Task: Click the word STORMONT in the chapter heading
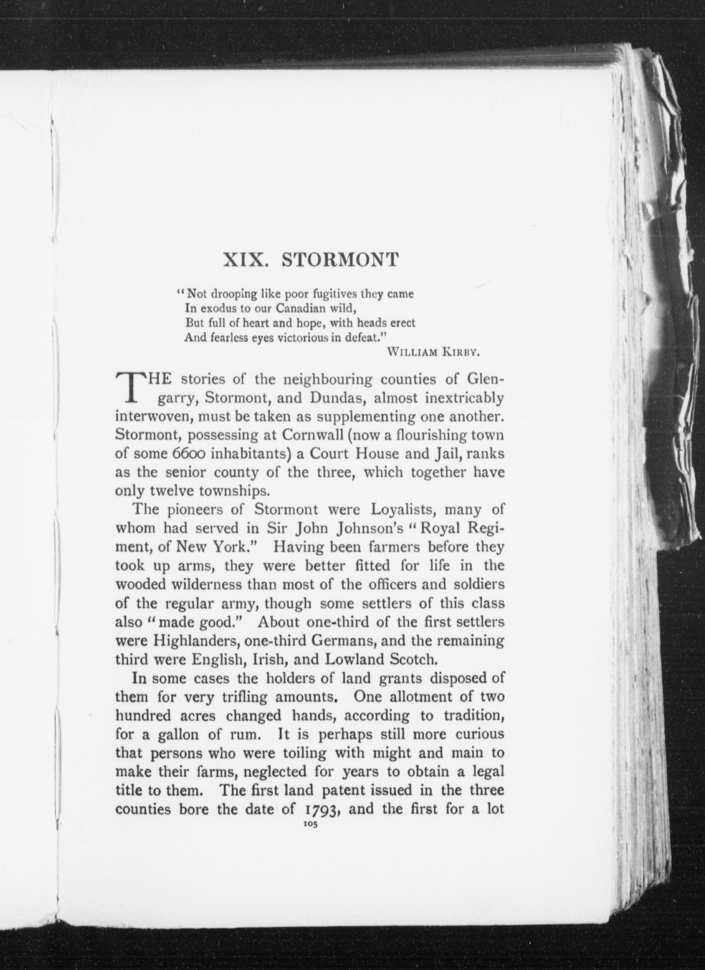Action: coord(340,260)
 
